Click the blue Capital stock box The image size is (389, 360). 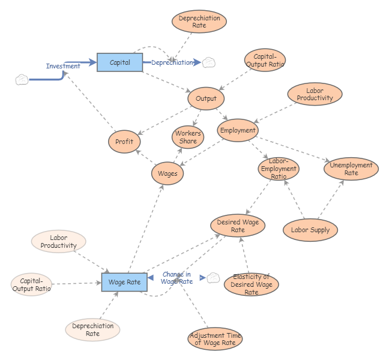(119, 62)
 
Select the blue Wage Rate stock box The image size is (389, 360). (124, 282)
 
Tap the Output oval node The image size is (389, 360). (206, 98)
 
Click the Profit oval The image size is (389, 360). (124, 142)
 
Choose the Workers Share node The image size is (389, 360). (188, 137)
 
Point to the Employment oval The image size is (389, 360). (238, 130)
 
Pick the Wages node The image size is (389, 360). (167, 173)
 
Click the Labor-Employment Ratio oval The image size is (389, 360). (279, 169)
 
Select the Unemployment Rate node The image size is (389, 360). (351, 169)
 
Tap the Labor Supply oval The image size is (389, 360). (310, 230)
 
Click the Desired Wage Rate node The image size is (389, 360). (238, 226)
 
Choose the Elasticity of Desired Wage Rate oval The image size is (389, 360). (251, 284)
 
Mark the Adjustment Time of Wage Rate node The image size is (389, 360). (215, 339)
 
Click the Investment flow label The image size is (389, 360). (63, 66)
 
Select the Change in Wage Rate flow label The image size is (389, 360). (177, 278)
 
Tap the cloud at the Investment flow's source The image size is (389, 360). (22, 80)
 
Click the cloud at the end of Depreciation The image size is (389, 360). (208, 62)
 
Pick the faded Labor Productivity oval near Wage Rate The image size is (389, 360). (58, 242)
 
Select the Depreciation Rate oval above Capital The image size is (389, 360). (199, 22)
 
